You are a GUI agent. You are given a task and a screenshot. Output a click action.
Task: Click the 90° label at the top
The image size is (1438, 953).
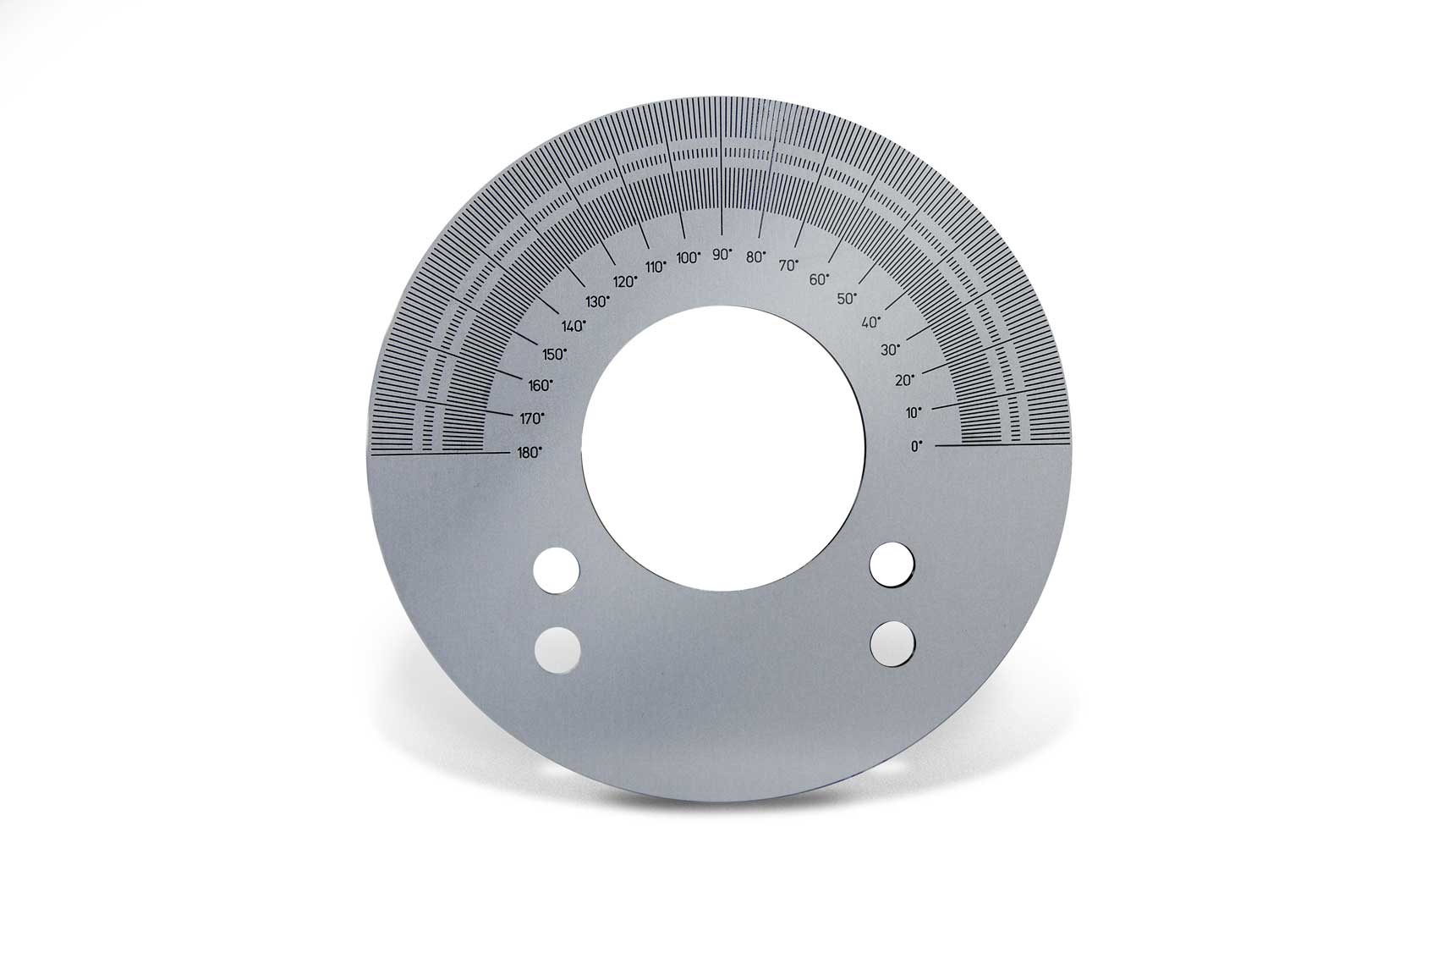pos(722,254)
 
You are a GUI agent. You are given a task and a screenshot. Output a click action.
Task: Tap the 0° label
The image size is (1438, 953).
pos(916,446)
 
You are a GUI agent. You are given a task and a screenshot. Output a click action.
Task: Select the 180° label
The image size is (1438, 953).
pos(530,453)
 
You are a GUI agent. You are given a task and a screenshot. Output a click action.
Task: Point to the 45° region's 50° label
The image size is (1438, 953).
pos(847,299)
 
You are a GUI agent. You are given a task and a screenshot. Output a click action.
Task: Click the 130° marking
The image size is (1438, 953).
pos(597,301)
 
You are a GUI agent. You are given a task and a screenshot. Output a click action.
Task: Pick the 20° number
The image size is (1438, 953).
pos(904,380)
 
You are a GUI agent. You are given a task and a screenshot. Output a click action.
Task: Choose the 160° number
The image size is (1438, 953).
pos(540,385)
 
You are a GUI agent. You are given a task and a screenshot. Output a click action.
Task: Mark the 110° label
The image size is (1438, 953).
pos(656,267)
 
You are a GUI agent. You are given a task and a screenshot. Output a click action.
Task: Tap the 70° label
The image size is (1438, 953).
pos(789,265)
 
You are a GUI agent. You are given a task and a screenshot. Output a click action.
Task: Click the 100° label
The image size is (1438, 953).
pos(689,257)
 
